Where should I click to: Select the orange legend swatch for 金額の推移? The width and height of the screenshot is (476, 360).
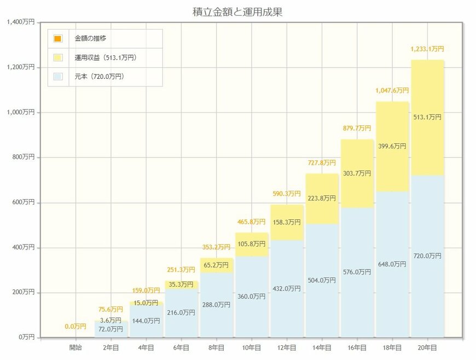pos(58,39)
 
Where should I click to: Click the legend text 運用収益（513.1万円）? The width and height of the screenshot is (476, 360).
pos(105,57)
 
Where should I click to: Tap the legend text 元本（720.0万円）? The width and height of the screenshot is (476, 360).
pos(99,77)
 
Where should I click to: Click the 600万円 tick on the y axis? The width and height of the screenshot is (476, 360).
pos(22,202)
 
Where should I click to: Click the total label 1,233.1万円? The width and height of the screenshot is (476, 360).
pos(427,49)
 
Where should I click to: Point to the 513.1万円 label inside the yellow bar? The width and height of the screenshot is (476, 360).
pos(427,117)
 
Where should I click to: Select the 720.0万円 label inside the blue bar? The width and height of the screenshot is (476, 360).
pos(427,256)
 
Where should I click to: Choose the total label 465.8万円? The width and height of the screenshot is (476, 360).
pos(251,222)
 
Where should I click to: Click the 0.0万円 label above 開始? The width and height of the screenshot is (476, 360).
pos(76,327)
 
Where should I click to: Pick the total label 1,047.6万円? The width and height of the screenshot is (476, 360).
pos(392,90)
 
